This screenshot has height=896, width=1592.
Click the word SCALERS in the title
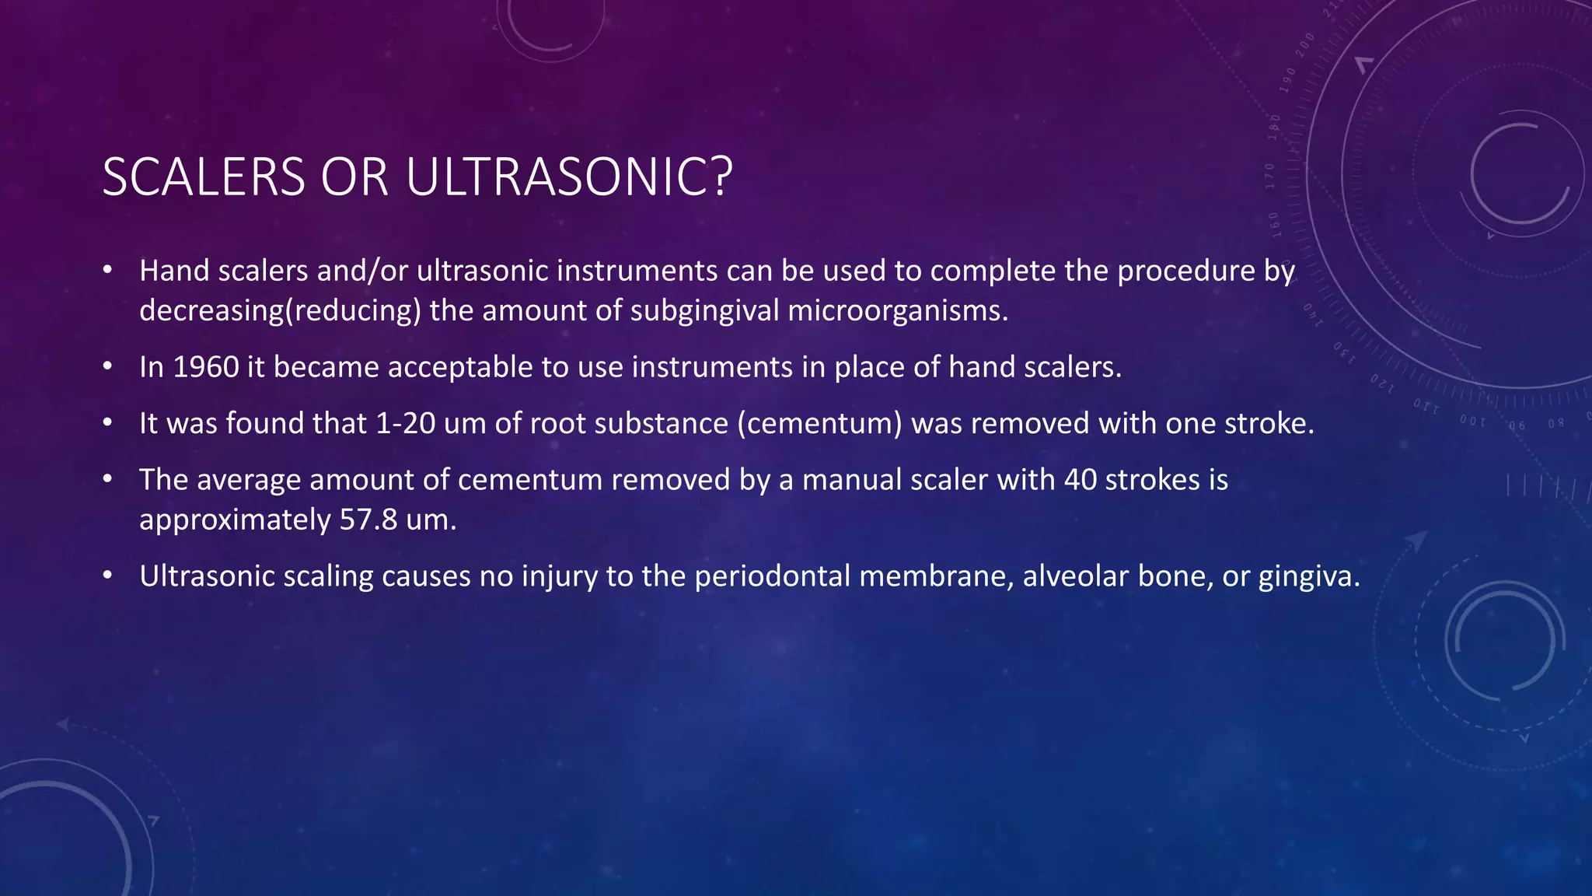(x=204, y=177)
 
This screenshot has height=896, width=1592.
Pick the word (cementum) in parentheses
(x=819, y=424)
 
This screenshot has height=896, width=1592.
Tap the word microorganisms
(x=897, y=310)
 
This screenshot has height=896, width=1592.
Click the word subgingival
(x=704, y=310)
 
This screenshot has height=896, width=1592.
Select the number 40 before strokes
(x=1080, y=480)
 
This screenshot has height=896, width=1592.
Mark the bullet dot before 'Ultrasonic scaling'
(x=107, y=576)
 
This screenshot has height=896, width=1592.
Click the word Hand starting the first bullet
(x=174, y=271)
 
